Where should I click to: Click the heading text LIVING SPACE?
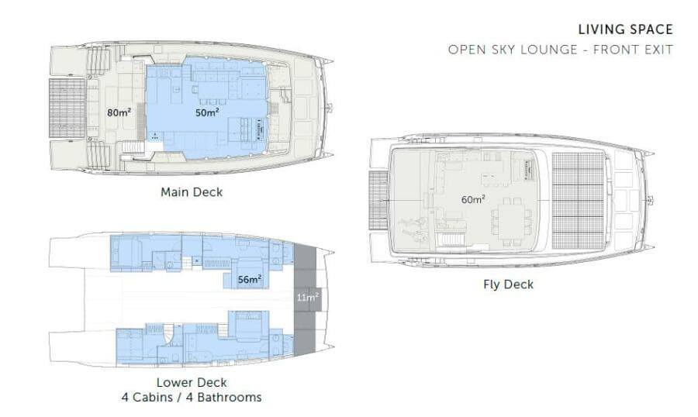[625, 30]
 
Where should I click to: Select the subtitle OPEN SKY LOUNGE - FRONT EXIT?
[560, 50]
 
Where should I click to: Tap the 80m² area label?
[119, 112]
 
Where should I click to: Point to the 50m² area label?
[207, 112]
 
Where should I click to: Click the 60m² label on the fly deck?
[473, 199]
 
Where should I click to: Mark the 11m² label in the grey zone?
[307, 296]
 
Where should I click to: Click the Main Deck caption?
[191, 192]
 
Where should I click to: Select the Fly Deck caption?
[508, 284]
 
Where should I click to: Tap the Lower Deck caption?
[192, 382]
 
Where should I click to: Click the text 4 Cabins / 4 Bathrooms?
[192, 398]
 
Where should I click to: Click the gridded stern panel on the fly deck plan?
[378, 201]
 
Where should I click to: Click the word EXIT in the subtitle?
[658, 50]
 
